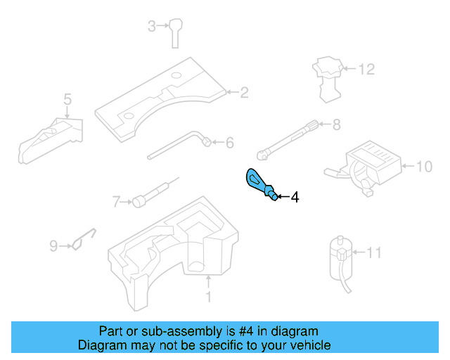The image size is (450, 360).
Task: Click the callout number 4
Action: point(295,198)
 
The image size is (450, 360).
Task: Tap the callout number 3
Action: point(151,27)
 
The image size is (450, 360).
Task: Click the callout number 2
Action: point(245,92)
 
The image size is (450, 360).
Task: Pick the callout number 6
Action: point(229,143)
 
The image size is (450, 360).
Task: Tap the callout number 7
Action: point(117,202)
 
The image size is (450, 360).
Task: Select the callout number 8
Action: point(336,126)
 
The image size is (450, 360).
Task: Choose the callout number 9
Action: point(53,246)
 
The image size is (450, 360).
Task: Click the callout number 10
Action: point(424,167)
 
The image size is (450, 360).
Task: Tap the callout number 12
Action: point(367,70)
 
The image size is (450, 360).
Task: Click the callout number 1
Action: point(208,297)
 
